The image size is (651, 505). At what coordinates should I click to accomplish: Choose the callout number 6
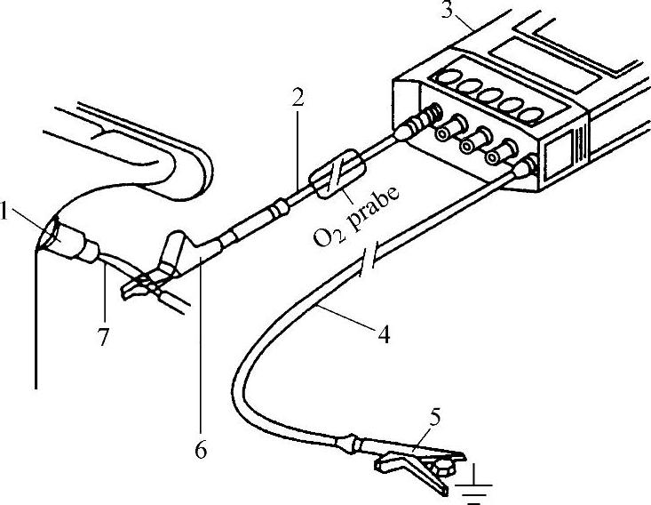(x=201, y=450)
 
